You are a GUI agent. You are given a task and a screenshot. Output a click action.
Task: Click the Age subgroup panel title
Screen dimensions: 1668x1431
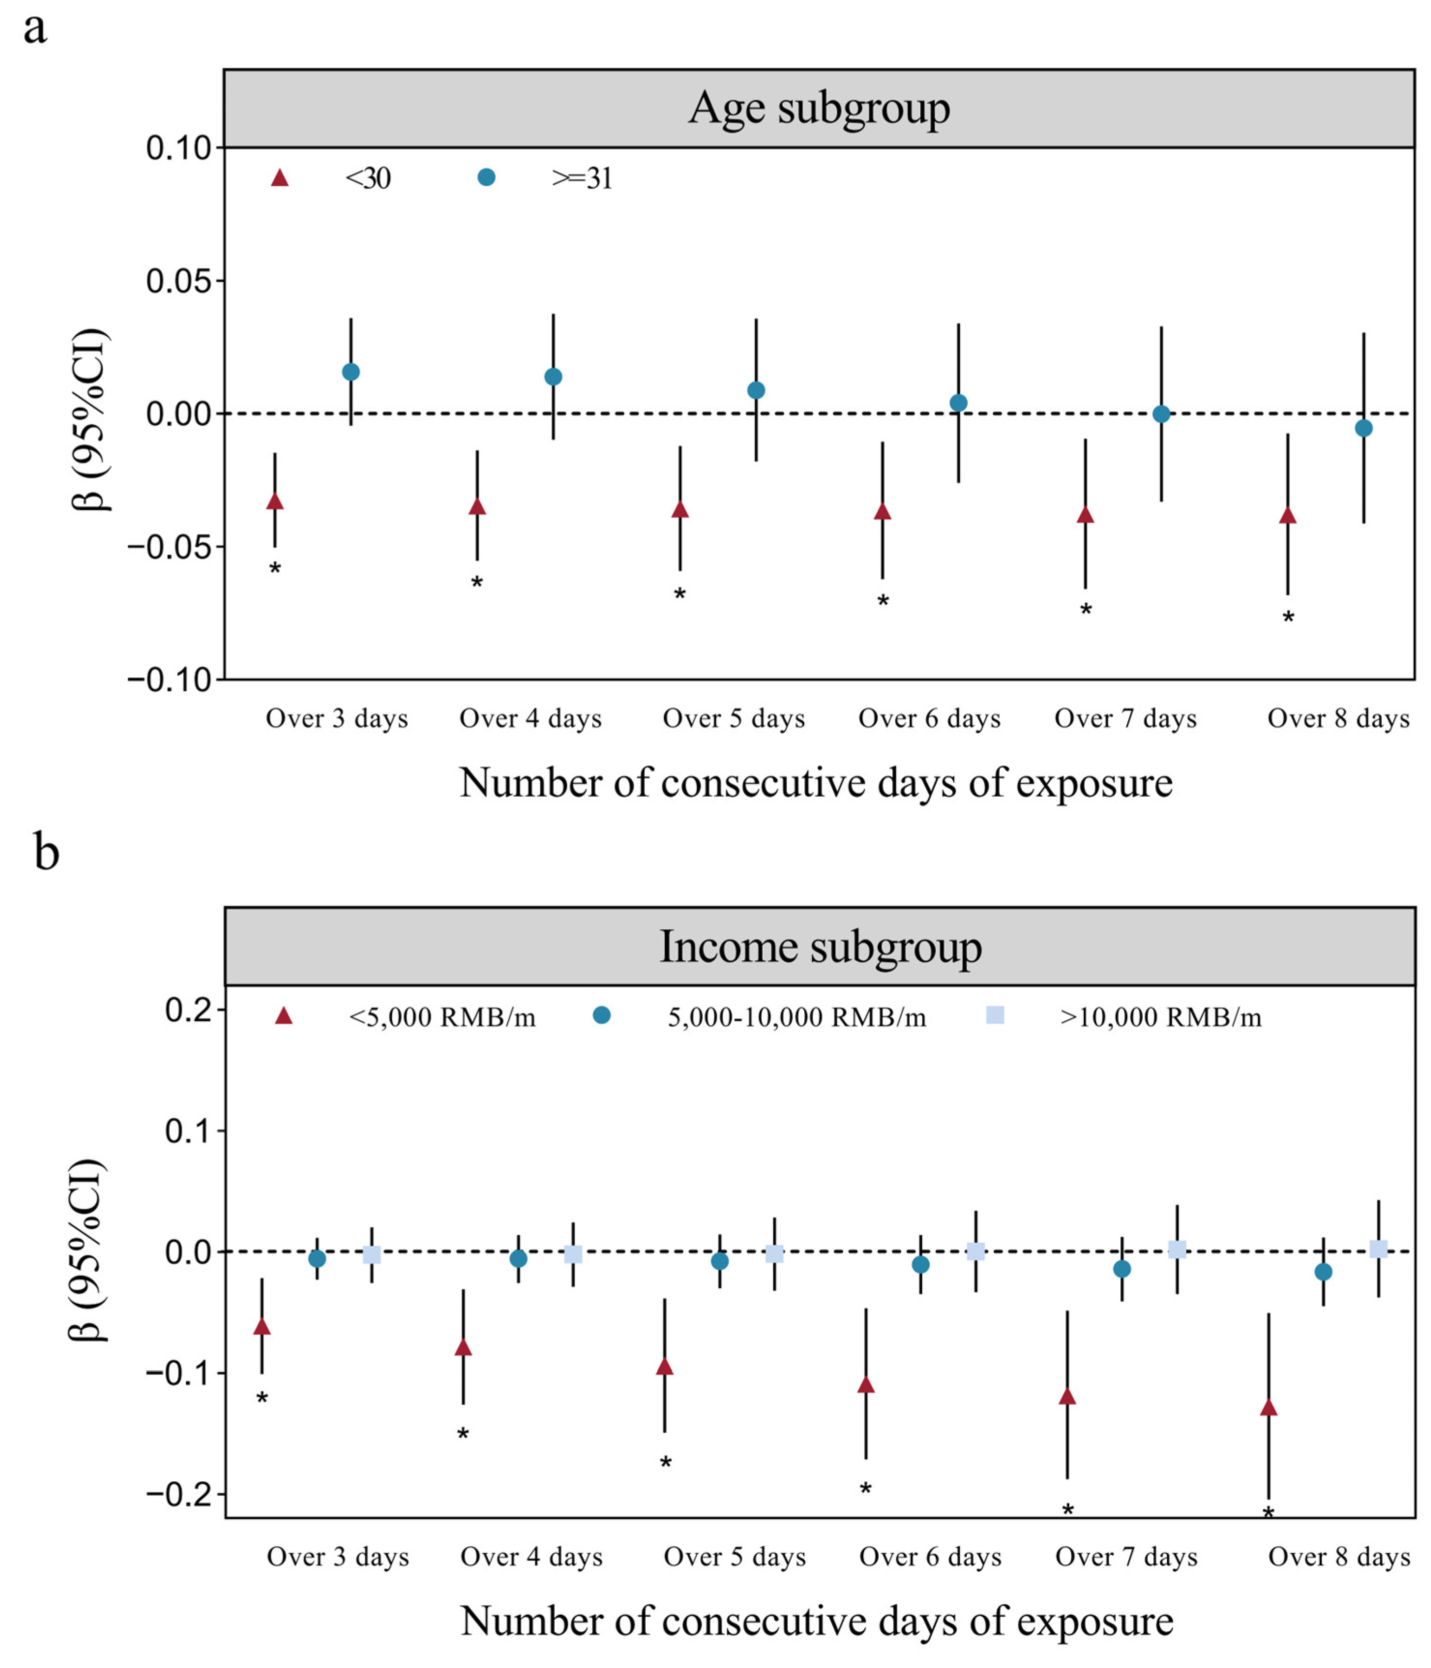pos(819,108)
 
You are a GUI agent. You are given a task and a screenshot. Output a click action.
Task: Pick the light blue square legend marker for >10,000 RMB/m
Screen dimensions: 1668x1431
pos(995,1016)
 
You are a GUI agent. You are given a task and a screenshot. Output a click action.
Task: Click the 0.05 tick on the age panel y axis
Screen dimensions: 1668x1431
pos(178,281)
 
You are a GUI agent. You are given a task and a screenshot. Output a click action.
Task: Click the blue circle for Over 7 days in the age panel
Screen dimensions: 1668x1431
pos(1161,414)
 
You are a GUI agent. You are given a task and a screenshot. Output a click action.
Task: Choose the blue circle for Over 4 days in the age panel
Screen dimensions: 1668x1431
pos(553,377)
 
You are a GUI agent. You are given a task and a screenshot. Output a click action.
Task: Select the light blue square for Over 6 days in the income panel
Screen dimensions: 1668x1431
pos(975,1251)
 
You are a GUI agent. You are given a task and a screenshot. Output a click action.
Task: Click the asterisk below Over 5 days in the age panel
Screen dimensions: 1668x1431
pos(680,595)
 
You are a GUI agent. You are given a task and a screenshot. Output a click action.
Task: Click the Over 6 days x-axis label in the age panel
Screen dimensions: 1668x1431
pos(929,718)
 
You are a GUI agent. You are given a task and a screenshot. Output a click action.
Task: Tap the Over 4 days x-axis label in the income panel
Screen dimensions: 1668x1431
pos(531,1557)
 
